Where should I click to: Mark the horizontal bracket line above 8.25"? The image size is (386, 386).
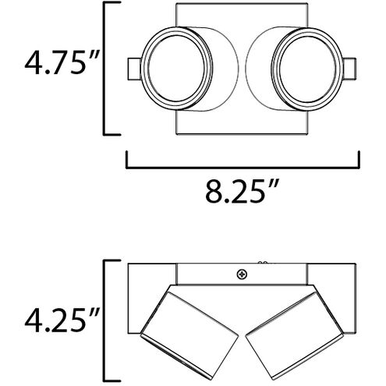point(243,165)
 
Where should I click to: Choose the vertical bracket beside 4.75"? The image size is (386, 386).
point(108,69)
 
